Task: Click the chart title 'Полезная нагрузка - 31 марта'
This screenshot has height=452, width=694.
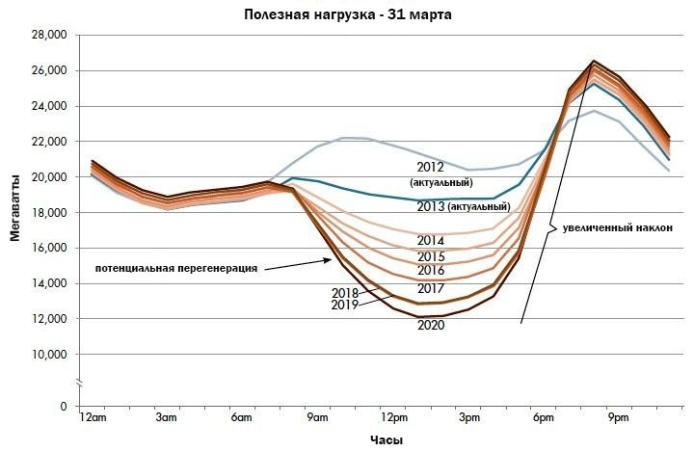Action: pos(347,14)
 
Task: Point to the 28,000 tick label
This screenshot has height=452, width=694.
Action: pos(48,35)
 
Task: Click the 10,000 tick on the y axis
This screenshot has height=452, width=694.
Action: pos(48,355)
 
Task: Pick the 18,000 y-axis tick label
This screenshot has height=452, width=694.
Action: pos(48,212)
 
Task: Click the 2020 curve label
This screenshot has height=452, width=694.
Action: pos(431,326)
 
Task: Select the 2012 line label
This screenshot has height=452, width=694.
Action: pos(430,167)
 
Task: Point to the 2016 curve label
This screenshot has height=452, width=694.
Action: pos(431,271)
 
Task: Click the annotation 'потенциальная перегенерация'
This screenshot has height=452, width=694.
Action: pos(176,267)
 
